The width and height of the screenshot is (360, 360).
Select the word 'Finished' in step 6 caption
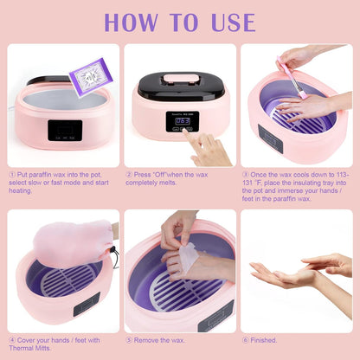[x=267, y=339]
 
